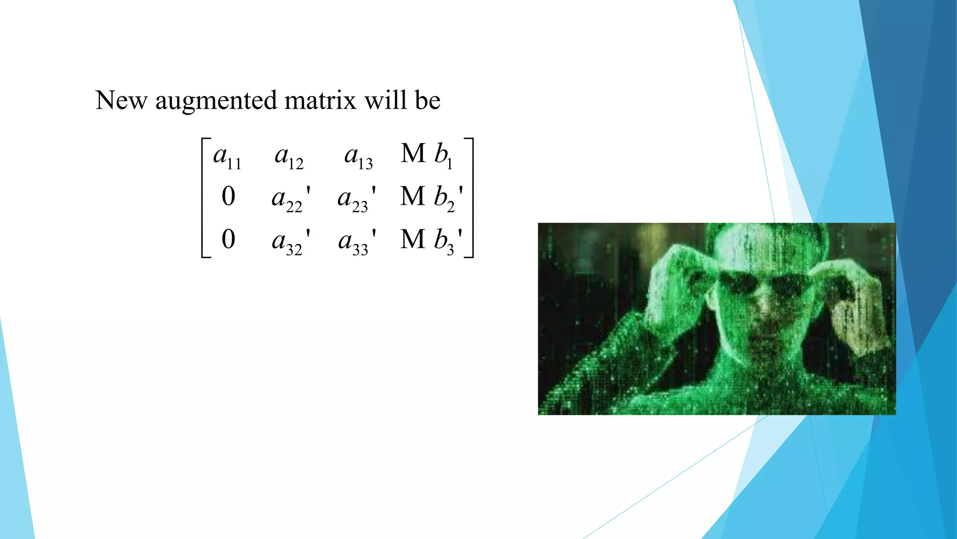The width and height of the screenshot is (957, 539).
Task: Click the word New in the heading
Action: [121, 101]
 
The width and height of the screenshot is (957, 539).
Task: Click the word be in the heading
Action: [427, 101]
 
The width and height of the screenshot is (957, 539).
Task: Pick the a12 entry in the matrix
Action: [289, 157]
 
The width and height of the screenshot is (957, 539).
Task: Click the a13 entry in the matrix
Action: [358, 157]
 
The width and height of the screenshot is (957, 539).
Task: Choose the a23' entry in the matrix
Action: [357, 198]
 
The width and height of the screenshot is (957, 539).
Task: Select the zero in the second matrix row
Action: [228, 197]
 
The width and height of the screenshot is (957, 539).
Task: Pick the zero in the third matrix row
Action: [228, 239]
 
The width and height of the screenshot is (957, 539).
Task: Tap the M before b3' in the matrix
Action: [413, 240]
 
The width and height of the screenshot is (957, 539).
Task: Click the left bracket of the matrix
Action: [204, 198]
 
